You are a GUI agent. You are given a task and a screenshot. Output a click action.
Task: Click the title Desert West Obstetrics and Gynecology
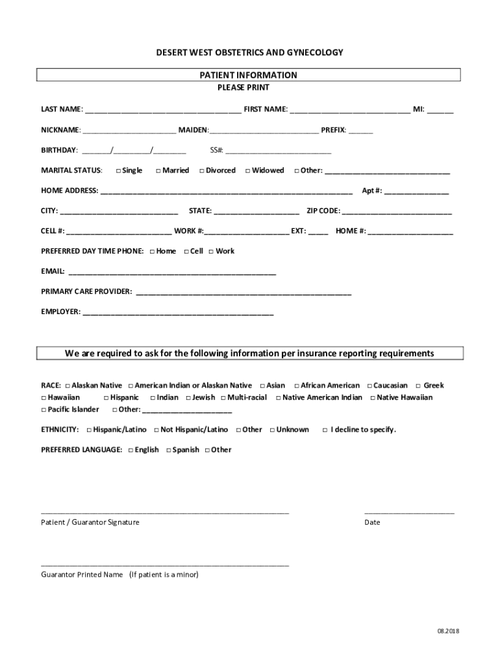pos(250,52)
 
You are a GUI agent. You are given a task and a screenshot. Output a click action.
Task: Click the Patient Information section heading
pos(249,75)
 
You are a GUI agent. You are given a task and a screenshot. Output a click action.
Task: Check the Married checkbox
pos(158,170)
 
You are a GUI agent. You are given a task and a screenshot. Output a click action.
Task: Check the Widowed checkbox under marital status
pos(248,170)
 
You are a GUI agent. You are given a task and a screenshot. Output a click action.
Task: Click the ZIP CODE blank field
pos(397,212)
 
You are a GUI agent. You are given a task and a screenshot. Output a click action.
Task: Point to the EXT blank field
pos(318,232)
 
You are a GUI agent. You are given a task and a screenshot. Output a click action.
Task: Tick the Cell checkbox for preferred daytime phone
pos(186,252)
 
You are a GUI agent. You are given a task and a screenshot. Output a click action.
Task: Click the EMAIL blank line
pos(172,273)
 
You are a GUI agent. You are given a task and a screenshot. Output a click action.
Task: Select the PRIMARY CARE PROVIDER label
pos(86,291)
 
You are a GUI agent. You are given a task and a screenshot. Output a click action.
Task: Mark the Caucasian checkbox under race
pos(369,386)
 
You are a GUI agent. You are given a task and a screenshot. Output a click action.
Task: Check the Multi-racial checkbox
pos(223,398)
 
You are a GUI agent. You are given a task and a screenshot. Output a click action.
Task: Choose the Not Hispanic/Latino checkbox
pos(156,430)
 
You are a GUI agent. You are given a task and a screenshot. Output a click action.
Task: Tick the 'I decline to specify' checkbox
pos(325,430)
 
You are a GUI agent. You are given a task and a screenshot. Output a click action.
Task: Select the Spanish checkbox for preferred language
pos(169,450)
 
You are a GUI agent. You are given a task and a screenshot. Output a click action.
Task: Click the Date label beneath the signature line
pos(372,522)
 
